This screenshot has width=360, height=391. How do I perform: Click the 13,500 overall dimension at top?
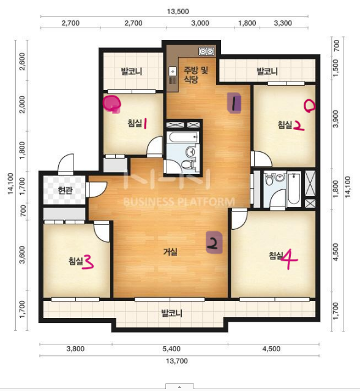[x=178, y=12]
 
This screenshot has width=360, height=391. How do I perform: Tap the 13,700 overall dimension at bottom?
[x=177, y=361]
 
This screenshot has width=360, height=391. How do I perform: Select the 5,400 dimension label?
[x=171, y=349]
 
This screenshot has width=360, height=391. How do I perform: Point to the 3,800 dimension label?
[x=75, y=349]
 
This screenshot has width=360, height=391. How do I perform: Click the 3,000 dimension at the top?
[x=200, y=23]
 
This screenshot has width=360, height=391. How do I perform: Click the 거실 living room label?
[x=170, y=252]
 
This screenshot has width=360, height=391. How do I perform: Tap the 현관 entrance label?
[x=65, y=191]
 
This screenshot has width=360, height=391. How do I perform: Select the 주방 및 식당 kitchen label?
[x=195, y=75]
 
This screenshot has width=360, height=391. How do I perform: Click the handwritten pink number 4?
[x=289, y=259]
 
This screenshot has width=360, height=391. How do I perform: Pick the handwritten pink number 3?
[x=88, y=262]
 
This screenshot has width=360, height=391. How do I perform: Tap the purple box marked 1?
[x=234, y=103]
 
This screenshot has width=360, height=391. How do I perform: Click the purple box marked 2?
[x=214, y=243]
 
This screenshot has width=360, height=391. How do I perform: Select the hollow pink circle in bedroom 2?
[x=310, y=106]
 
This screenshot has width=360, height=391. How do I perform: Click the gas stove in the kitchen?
[x=206, y=51]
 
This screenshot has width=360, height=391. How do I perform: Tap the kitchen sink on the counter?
[x=173, y=72]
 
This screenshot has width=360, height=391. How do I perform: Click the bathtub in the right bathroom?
[x=294, y=189]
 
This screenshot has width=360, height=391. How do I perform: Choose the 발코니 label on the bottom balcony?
[x=172, y=313]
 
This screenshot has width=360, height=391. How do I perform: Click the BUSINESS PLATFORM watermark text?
[x=179, y=202]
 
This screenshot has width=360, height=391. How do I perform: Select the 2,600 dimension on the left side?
[x=22, y=61]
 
